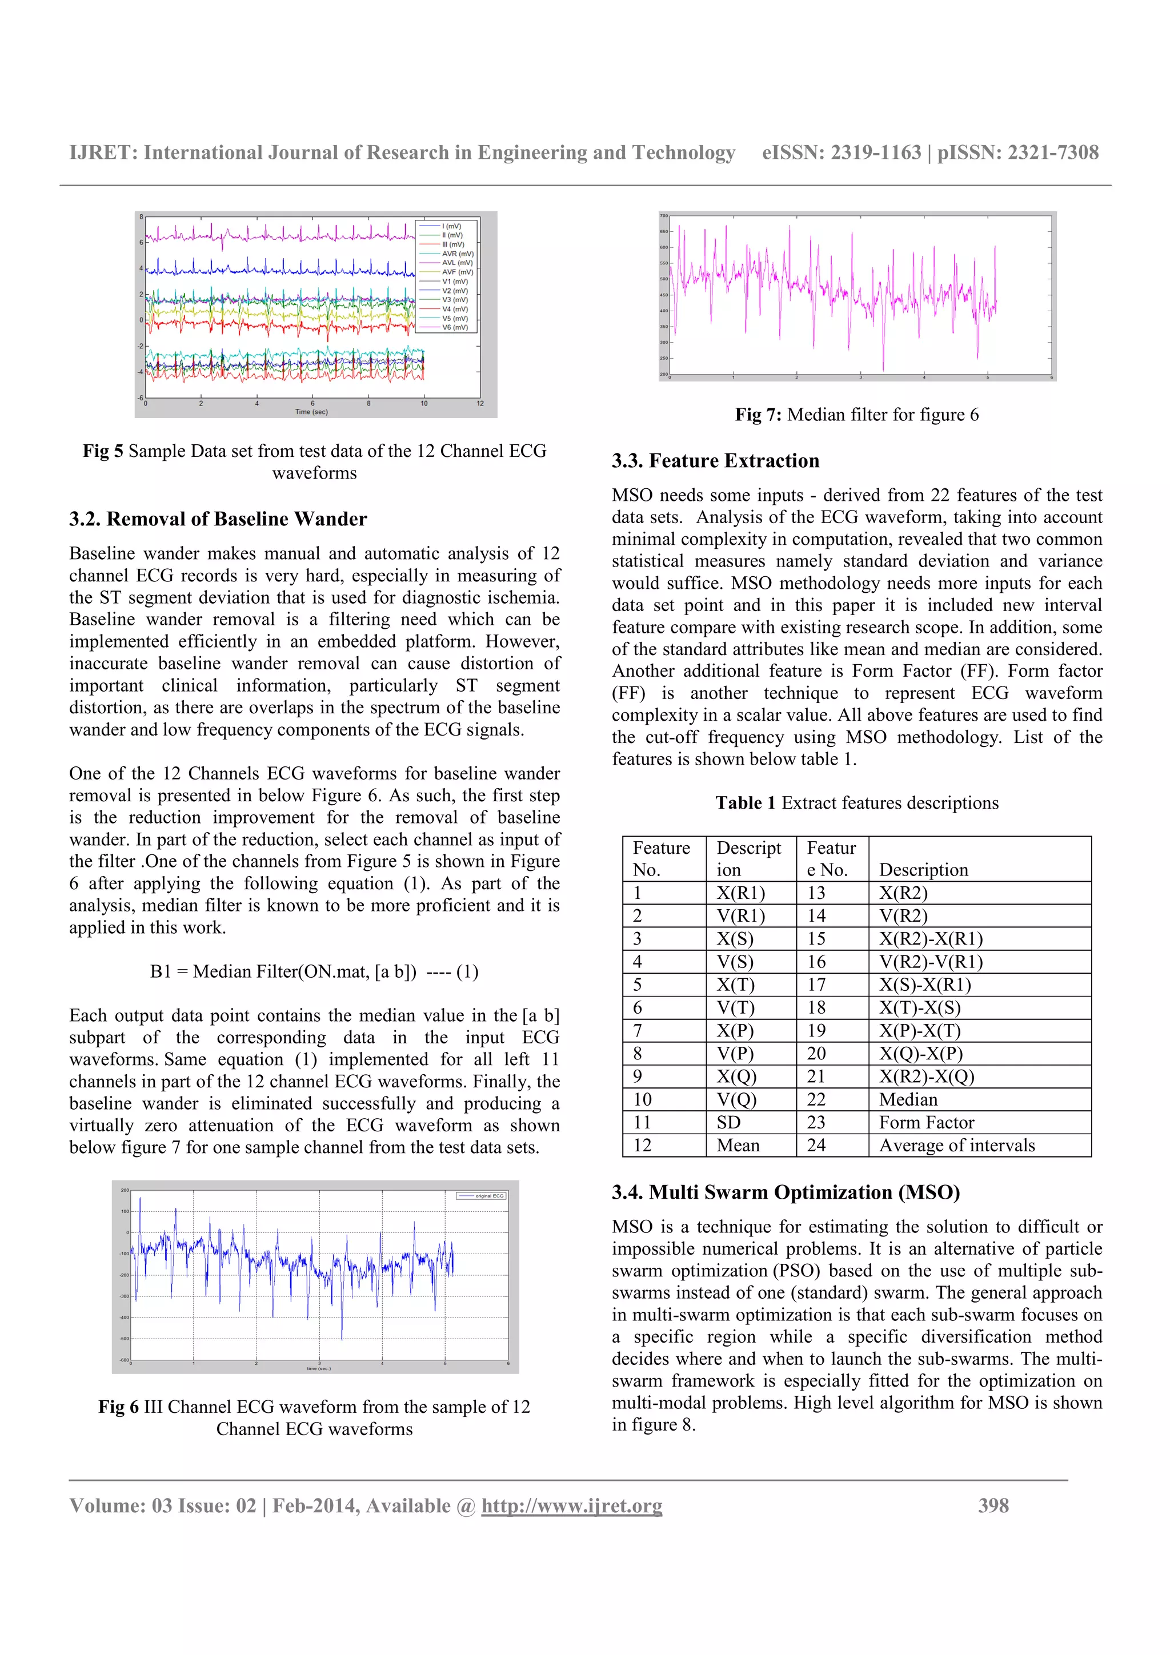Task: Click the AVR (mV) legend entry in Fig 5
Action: pyautogui.click(x=456, y=254)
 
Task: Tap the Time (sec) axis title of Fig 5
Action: pyautogui.click(x=311, y=412)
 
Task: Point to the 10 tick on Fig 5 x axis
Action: pyautogui.click(x=424, y=404)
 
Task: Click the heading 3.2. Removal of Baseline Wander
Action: pyautogui.click(x=218, y=519)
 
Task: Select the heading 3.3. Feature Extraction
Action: pyautogui.click(x=715, y=461)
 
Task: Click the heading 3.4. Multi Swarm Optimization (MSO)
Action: pyautogui.click(x=786, y=1192)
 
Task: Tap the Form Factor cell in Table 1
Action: pyautogui.click(x=926, y=1122)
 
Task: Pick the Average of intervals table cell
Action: pyautogui.click(x=956, y=1146)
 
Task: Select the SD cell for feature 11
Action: pyautogui.click(x=729, y=1122)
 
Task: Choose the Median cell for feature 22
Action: pyautogui.click(x=908, y=1099)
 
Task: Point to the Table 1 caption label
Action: pyautogui.click(x=745, y=803)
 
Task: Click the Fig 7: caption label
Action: pyautogui.click(x=758, y=415)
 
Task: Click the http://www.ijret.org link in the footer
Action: pyautogui.click(x=572, y=1506)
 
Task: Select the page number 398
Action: pyautogui.click(x=993, y=1506)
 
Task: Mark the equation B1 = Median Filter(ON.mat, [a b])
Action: pyautogui.click(x=314, y=971)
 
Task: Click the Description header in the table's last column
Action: pyautogui.click(x=923, y=870)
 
